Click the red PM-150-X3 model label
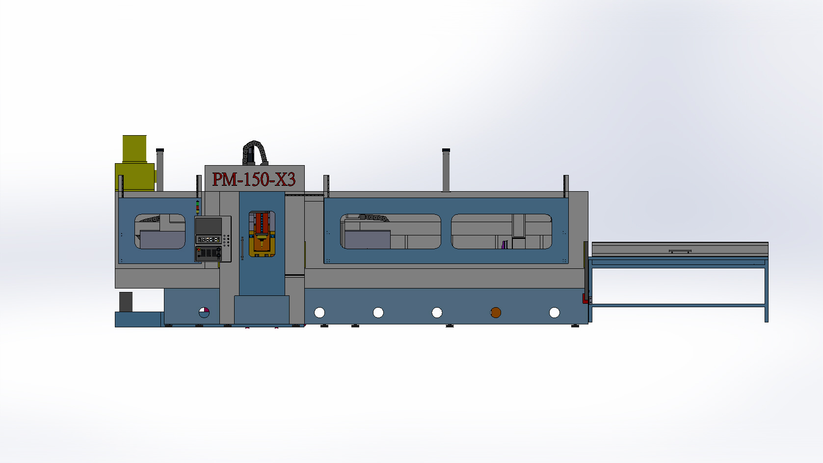[254, 179]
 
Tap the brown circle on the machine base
[496, 313]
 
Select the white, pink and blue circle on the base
[204, 313]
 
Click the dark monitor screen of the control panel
[209, 226]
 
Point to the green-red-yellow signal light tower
[198, 207]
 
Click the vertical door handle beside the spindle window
[242, 248]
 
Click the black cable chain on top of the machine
[254, 152]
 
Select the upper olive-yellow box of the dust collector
[134, 149]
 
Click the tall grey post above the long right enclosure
[446, 170]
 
